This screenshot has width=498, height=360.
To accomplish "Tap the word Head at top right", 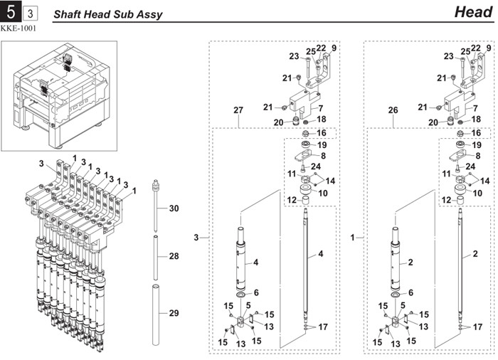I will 472,12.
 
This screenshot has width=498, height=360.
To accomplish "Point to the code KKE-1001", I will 20,29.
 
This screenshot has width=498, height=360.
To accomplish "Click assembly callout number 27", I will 238,110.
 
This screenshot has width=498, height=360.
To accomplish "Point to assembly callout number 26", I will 393,110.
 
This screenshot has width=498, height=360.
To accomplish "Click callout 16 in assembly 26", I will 475,133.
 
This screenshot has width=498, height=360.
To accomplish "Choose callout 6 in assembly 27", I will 256,293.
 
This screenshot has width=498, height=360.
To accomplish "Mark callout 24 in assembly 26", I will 470,166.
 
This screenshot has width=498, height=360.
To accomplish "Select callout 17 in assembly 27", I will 322,327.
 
